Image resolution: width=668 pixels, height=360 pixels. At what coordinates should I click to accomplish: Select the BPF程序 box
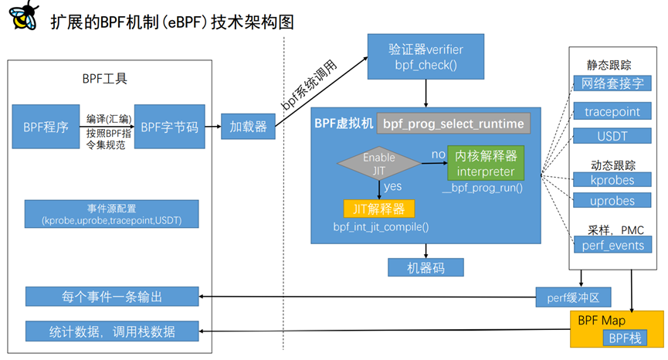tap(46, 127)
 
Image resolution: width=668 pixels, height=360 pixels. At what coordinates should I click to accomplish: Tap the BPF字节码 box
tap(170, 127)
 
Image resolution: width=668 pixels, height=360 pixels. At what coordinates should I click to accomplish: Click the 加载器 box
tap(248, 127)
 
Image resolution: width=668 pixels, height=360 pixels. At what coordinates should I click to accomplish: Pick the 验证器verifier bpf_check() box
tap(426, 56)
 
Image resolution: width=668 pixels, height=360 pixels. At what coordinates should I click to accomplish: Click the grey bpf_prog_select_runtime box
tap(453, 124)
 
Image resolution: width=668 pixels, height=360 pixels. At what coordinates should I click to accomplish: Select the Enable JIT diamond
tap(379, 162)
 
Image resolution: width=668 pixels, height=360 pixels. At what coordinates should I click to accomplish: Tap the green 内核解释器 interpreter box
tap(485, 162)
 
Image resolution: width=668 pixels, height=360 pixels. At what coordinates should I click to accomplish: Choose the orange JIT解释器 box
tap(379, 208)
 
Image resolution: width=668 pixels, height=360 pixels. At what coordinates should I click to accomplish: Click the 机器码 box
tap(426, 267)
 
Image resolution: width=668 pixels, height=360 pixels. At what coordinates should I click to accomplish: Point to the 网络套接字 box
tap(612, 83)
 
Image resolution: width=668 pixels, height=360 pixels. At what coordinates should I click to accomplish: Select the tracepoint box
tap(612, 111)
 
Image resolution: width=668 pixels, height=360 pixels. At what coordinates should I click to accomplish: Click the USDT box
tap(612, 136)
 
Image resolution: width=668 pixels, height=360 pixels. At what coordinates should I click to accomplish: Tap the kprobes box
tap(612, 180)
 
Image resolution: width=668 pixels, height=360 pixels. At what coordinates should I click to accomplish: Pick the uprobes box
tap(612, 201)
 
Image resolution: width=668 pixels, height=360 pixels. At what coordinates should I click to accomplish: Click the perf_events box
tap(612, 245)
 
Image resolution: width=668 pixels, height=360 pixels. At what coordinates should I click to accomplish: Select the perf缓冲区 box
tap(574, 296)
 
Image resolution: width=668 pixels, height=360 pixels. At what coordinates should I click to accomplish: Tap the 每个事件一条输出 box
tap(111, 296)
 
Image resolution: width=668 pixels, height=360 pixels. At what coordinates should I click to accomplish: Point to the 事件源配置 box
tap(111, 214)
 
